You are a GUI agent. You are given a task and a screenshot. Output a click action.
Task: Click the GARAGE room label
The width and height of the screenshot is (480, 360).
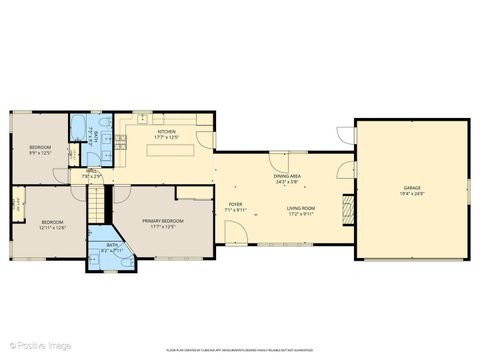[x=411, y=187]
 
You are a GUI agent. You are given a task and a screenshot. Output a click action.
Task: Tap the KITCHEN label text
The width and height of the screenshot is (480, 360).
[x=166, y=132]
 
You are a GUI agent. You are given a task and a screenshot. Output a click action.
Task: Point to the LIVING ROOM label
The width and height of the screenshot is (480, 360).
[x=301, y=208]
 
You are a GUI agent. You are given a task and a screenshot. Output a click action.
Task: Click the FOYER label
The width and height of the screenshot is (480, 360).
[x=235, y=204]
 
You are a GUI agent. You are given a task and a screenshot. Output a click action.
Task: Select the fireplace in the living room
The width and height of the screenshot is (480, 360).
[x=348, y=207]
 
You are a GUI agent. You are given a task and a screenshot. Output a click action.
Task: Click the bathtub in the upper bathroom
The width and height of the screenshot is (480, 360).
[x=77, y=128]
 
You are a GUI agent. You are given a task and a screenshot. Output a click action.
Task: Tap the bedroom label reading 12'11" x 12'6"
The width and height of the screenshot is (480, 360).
[x=52, y=227]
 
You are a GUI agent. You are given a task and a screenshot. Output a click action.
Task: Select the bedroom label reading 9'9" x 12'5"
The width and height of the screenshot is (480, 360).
[x=39, y=154]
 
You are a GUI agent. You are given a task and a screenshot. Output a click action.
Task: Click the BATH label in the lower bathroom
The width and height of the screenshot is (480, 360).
[x=113, y=245]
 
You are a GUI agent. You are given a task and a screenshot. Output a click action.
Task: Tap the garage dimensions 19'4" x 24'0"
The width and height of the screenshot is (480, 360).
[x=411, y=193]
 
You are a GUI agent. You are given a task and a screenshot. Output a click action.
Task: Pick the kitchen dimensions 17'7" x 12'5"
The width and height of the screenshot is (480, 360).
[x=166, y=138]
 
